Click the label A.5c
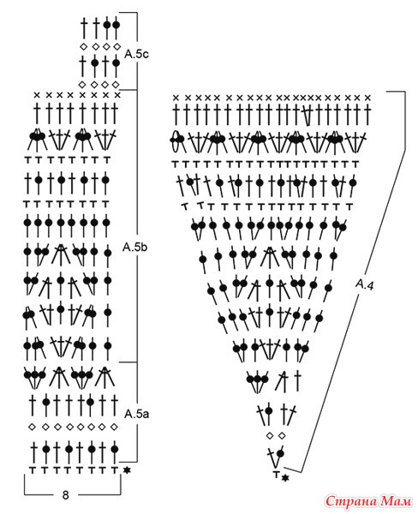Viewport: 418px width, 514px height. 136,55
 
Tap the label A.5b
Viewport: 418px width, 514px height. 134,248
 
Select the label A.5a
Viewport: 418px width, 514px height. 136,414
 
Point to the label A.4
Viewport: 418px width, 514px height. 365,284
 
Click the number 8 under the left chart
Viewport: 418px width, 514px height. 66,494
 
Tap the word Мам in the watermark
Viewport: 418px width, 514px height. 394,501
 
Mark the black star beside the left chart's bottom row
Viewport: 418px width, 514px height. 127,470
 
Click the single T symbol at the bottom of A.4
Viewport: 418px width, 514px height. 277,474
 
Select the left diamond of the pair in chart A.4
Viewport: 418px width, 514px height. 270,436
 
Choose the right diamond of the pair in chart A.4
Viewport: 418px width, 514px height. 282,436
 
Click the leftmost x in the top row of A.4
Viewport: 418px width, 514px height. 176,98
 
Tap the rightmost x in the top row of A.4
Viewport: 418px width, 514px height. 367,98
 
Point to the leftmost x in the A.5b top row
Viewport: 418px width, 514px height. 37,95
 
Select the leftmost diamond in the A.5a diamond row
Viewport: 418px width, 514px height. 33,427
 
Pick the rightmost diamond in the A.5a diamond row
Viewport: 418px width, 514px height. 114,427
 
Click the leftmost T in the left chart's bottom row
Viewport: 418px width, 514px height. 33,469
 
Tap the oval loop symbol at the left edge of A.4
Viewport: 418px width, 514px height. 177,140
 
